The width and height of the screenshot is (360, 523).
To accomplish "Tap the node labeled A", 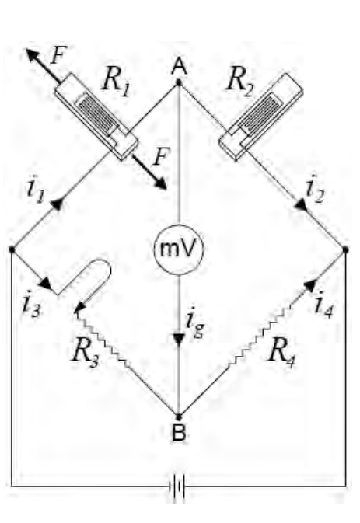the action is click(x=179, y=82).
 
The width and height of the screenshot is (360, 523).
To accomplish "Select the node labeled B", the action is click(x=179, y=417).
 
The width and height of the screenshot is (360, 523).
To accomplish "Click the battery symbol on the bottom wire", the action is click(x=177, y=486).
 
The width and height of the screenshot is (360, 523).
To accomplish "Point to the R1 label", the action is click(x=116, y=82).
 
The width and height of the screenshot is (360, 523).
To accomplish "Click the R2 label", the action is click(x=239, y=82).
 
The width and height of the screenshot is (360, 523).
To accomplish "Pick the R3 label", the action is click(x=86, y=352).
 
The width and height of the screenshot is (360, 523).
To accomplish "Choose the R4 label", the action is click(x=282, y=352).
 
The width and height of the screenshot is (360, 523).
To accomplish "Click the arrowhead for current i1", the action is click(x=57, y=204).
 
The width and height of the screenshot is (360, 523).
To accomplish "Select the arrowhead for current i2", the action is click(x=301, y=204).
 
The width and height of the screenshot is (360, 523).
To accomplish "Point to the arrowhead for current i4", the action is click(x=310, y=286).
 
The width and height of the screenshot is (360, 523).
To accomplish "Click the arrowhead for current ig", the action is click(x=179, y=339).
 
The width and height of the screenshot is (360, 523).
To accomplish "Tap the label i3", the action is click(x=31, y=305).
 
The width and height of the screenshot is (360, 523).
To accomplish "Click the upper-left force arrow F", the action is click(x=44, y=65).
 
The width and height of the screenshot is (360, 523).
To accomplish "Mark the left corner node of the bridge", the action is click(x=12, y=249).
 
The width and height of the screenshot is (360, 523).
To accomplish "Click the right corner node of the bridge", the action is click(x=346, y=249).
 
